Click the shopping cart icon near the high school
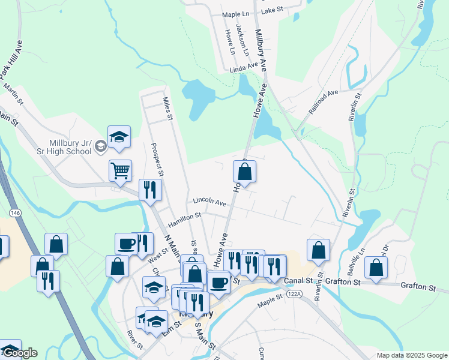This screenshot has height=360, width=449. click(x=120, y=171)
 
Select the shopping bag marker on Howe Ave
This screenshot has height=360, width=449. click(x=244, y=172)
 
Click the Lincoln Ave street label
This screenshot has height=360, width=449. click(x=209, y=202)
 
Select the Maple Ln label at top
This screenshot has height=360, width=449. click(x=235, y=14)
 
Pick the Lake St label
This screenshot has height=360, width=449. click(x=272, y=10)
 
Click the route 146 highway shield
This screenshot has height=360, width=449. click(x=15, y=213)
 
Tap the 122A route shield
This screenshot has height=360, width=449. click(x=294, y=294)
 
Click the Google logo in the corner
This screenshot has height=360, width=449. click(x=19, y=353)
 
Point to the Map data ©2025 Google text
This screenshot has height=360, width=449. click(x=412, y=355)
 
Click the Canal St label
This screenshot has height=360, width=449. click(x=300, y=281)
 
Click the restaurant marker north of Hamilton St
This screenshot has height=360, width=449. click(x=148, y=190)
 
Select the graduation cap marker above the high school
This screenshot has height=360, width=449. click(x=119, y=137)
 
